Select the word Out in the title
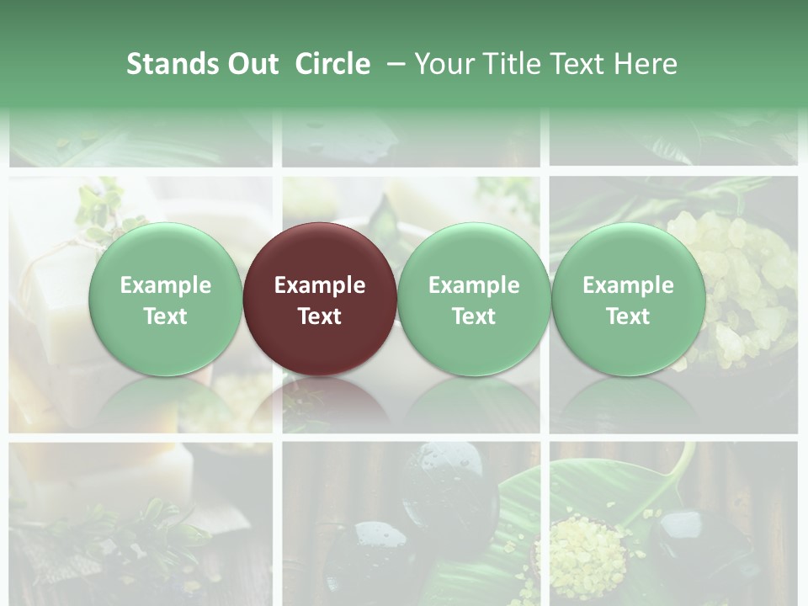(252, 64)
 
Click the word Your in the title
(444, 64)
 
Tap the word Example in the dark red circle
(320, 285)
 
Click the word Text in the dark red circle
(320, 316)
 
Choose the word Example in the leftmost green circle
(165, 285)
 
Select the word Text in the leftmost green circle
(165, 316)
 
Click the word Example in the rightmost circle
(628, 285)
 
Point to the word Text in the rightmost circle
(628, 316)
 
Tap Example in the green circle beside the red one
(474, 285)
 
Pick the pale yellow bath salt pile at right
(732, 269)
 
